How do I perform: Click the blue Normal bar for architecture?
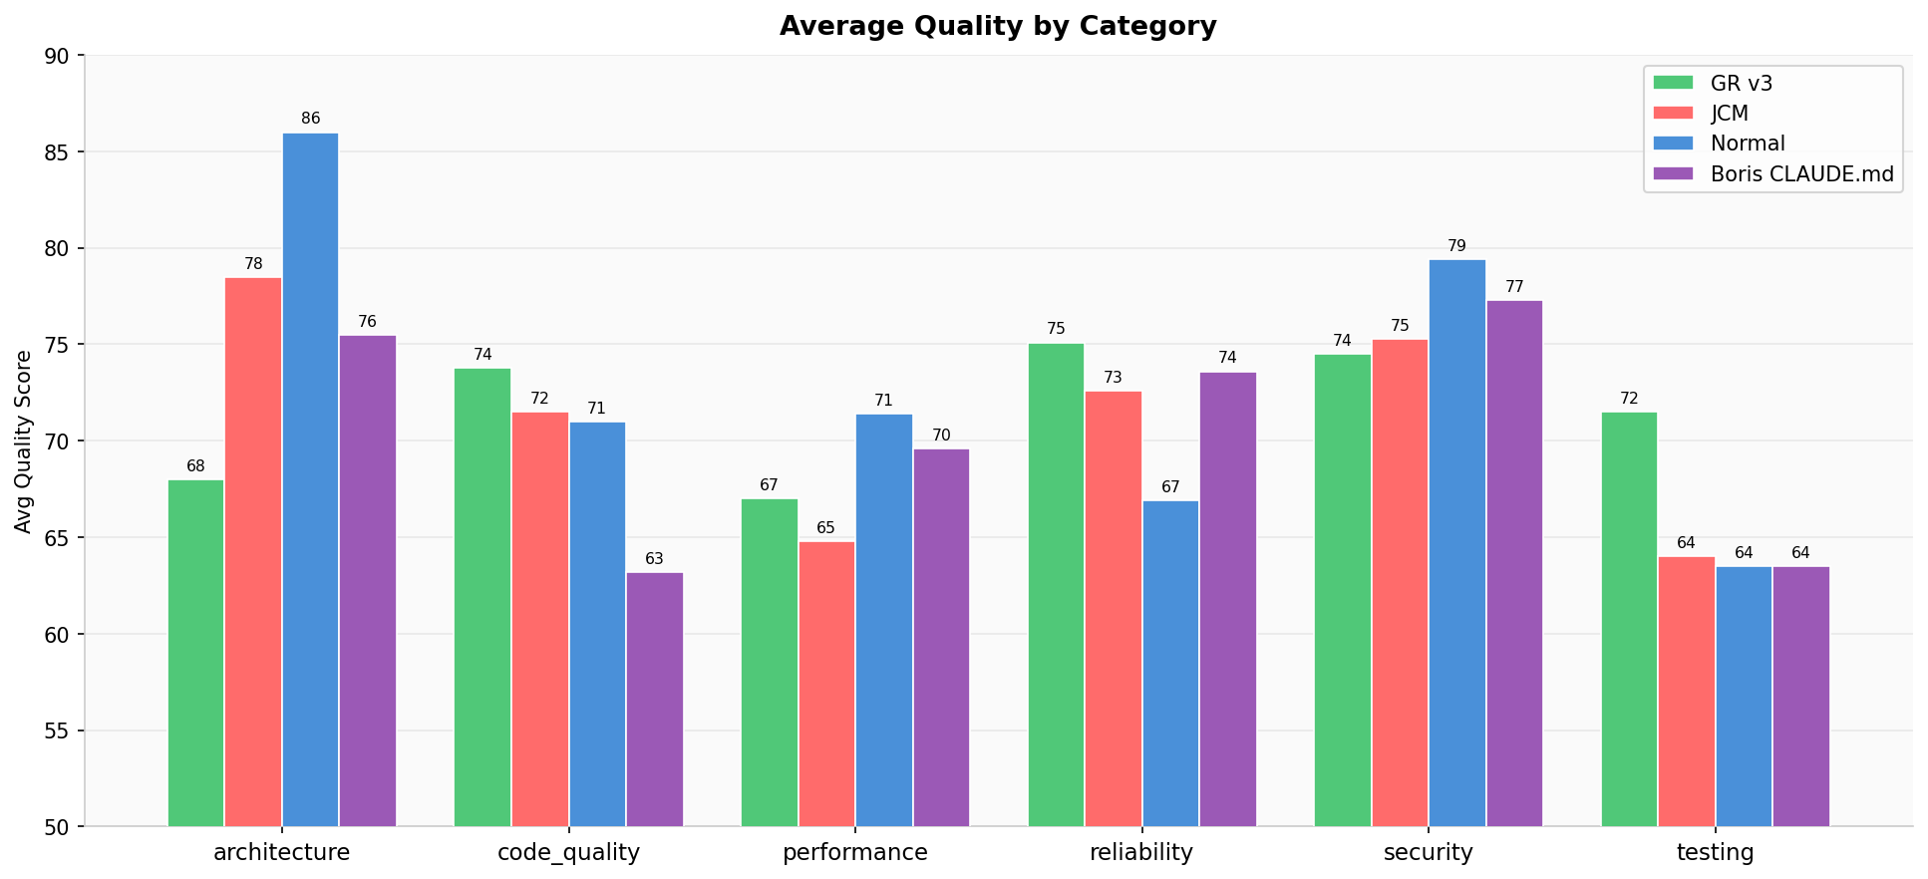(x=310, y=479)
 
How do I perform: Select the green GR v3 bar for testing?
(x=1629, y=619)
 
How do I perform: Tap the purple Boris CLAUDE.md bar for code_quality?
(x=655, y=699)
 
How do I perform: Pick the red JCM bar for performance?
(x=826, y=684)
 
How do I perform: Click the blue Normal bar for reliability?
(x=1170, y=663)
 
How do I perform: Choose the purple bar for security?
(x=1514, y=563)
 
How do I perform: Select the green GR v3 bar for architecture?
(x=195, y=653)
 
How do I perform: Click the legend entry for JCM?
(x=1730, y=114)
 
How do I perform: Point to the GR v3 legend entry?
(x=1741, y=84)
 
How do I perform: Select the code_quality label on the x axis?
(x=568, y=853)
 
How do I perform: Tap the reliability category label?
(x=1141, y=853)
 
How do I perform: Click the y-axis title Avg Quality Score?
(x=23, y=440)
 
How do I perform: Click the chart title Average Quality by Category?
(x=998, y=27)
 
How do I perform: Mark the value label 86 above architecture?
(x=311, y=119)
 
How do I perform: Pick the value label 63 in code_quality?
(x=655, y=559)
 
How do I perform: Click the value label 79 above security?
(x=1457, y=246)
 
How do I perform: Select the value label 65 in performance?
(x=826, y=528)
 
